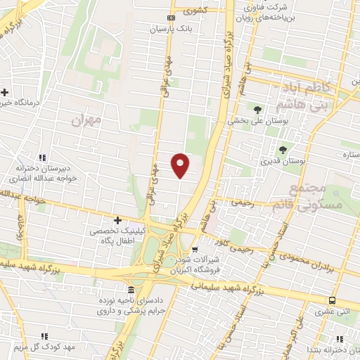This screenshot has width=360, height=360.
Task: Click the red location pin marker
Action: click(181, 164)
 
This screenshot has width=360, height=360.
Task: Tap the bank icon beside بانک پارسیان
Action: click(171, 18)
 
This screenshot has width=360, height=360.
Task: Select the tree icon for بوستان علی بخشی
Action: click(257, 109)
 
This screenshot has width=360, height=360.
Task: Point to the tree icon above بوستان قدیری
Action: click(283, 149)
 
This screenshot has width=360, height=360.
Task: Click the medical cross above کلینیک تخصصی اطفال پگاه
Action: click(117, 221)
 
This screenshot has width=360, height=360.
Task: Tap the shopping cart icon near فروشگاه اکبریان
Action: click(195, 248)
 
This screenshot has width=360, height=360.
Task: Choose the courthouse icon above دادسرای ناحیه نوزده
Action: click(131, 290)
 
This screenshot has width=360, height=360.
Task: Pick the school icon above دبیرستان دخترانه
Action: click(43, 157)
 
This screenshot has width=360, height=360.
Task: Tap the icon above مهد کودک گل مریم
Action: click(45, 336)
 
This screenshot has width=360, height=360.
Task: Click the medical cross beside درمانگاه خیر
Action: click(5, 92)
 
